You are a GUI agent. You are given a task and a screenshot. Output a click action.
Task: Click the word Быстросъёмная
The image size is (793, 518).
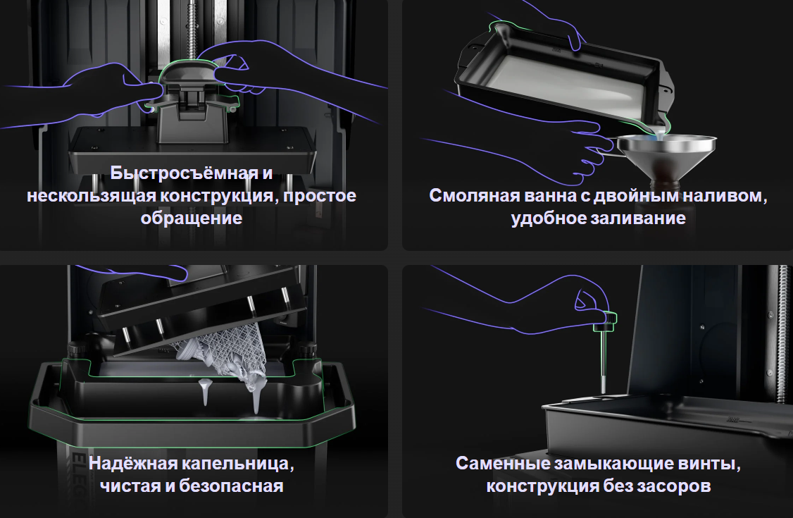coord(185,173)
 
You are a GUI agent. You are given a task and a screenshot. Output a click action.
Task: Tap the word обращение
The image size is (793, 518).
coord(191,218)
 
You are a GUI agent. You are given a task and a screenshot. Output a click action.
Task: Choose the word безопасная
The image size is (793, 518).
coord(230,486)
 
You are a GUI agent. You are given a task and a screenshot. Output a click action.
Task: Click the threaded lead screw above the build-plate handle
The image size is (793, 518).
coord(193,30)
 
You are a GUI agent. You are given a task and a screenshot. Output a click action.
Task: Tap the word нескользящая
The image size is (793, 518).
coord(91,196)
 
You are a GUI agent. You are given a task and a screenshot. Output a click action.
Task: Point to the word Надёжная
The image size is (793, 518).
coord(133,463)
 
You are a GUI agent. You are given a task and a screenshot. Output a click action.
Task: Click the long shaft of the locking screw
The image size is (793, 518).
coord(603,360)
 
